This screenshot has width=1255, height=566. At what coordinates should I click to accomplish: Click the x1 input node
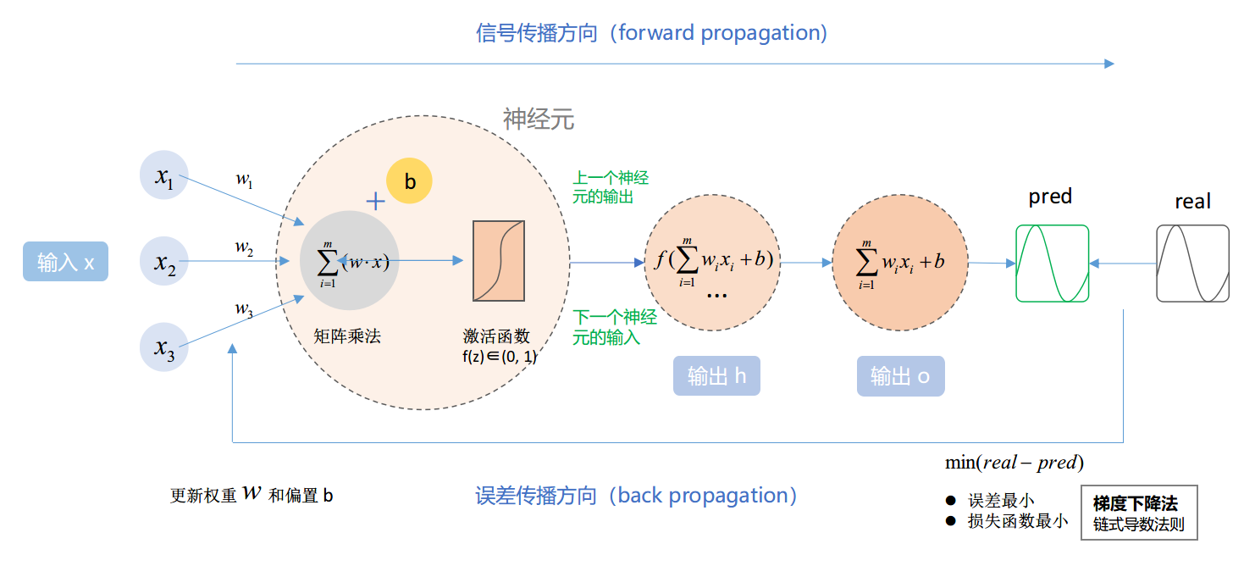click(x=163, y=175)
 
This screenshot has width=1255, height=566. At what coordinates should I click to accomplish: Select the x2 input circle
click(x=163, y=261)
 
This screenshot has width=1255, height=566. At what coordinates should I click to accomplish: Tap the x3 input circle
click(x=163, y=347)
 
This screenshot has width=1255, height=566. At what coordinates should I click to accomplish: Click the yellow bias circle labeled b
click(x=409, y=181)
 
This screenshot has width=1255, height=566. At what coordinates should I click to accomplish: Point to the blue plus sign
click(x=375, y=201)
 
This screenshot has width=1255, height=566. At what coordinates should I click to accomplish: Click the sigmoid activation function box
click(x=499, y=261)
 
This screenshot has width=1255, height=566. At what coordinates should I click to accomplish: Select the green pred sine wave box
click(x=1052, y=263)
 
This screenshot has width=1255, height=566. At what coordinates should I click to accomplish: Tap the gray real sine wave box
click(x=1192, y=263)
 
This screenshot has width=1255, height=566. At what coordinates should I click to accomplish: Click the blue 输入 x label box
click(x=65, y=263)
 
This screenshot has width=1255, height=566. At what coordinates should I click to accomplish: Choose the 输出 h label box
click(x=716, y=376)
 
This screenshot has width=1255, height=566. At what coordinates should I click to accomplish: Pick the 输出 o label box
click(x=899, y=376)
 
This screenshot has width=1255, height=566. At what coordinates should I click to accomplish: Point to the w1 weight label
click(x=244, y=180)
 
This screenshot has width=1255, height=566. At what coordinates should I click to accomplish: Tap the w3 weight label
click(x=244, y=310)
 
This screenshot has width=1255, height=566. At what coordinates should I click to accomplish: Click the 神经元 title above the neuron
click(x=539, y=119)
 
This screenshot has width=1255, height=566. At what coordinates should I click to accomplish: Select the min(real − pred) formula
click(x=1015, y=463)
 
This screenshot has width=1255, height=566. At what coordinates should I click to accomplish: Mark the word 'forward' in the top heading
click(x=656, y=33)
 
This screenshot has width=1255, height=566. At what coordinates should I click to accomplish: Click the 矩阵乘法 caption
click(x=347, y=336)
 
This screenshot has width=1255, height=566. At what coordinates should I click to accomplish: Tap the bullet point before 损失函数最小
click(x=950, y=520)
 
